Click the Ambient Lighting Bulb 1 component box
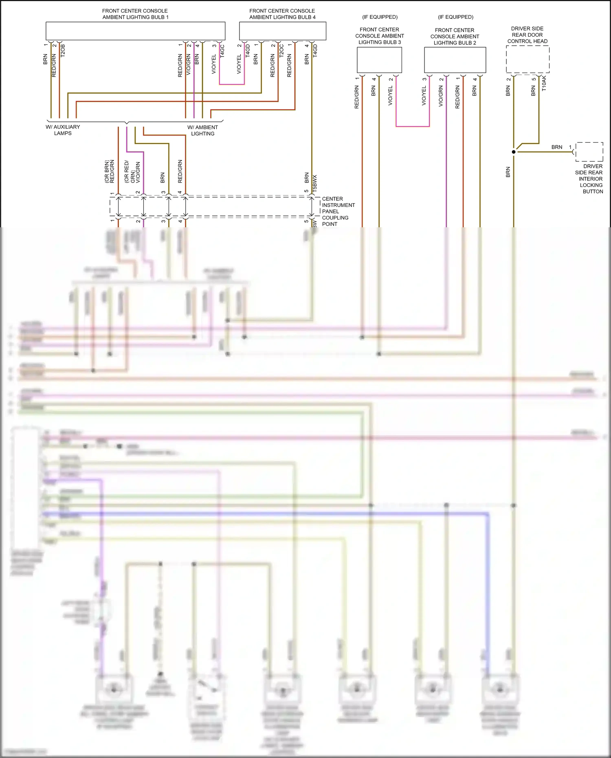click(x=135, y=31)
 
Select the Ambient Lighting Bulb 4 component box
click(x=282, y=31)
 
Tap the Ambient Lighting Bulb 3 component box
click(x=379, y=60)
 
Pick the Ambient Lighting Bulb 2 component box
click(x=455, y=60)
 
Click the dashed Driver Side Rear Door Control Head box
click(x=527, y=59)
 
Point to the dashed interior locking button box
click(x=589, y=152)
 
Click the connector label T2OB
click(x=63, y=51)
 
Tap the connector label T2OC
click(x=281, y=51)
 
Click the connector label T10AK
click(x=544, y=83)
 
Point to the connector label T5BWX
click(x=314, y=183)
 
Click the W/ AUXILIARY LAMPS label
click(x=63, y=130)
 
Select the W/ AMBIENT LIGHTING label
click(x=202, y=130)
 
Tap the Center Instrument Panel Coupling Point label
click(x=338, y=211)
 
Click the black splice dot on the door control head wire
click(x=513, y=152)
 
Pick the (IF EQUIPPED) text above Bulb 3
click(x=380, y=17)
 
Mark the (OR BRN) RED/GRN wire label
click(x=109, y=171)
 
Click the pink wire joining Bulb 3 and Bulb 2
click(x=412, y=126)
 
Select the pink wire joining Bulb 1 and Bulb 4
click(x=231, y=84)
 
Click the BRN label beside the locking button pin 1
click(x=556, y=147)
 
